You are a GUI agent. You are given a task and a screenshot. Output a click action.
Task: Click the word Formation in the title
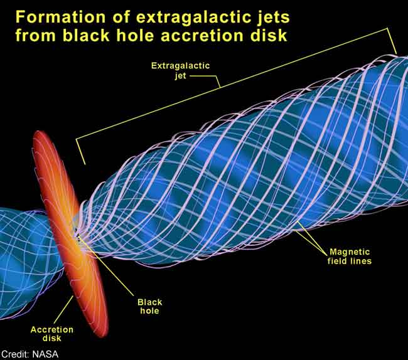(x=60, y=17)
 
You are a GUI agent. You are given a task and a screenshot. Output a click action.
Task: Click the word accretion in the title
(x=203, y=35)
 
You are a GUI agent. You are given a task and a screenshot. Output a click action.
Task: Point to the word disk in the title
(x=269, y=35)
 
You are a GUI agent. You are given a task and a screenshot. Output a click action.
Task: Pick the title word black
(x=86, y=35)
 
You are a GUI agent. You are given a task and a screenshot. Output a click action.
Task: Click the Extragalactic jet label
(x=180, y=70)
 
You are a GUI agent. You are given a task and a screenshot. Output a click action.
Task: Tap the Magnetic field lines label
(x=350, y=257)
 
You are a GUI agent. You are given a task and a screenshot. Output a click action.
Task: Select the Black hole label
(x=149, y=307)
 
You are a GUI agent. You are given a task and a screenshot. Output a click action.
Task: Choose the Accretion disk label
(x=51, y=334)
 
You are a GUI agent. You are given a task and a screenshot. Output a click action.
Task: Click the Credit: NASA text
(x=30, y=354)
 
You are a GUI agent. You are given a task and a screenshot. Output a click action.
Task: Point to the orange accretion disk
(x=70, y=234)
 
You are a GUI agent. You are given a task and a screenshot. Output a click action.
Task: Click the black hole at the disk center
(x=77, y=236)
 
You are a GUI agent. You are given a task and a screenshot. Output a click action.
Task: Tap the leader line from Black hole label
(x=107, y=267)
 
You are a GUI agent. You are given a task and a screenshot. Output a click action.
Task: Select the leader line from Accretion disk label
(x=64, y=310)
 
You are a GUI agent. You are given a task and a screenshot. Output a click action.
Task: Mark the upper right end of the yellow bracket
(x=396, y=53)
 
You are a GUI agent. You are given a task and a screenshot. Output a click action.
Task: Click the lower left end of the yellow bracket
(x=84, y=164)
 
